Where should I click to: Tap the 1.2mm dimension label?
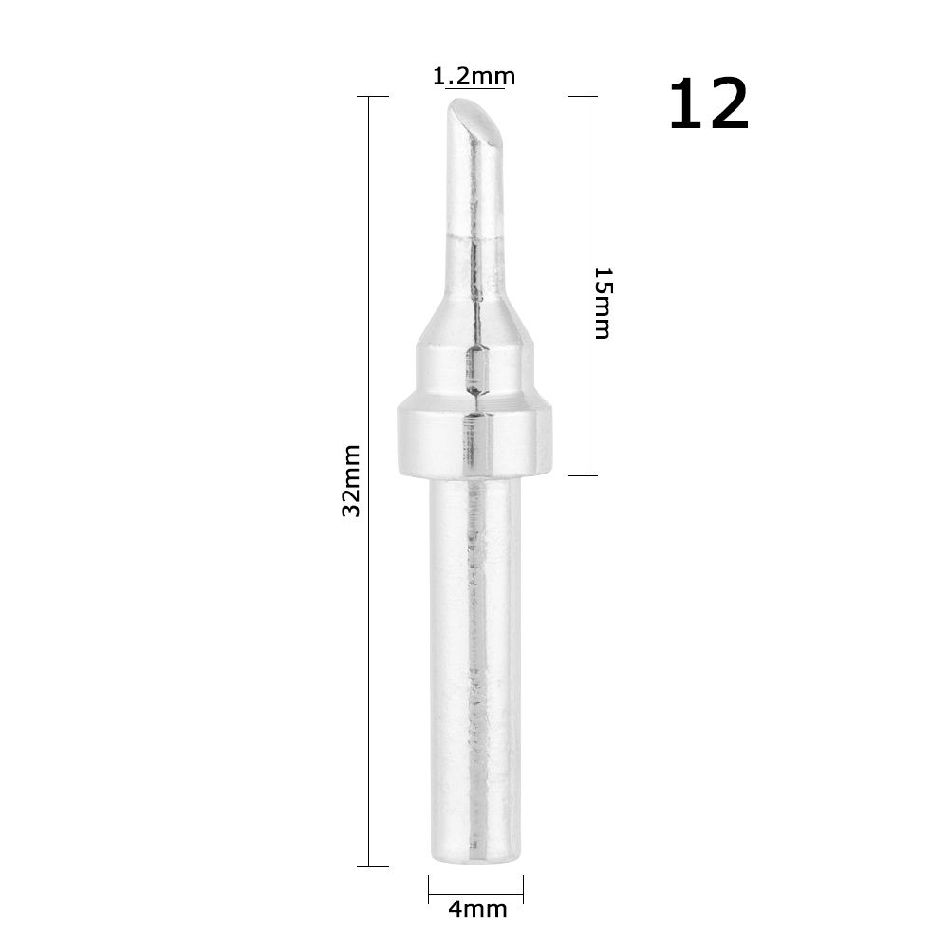474,76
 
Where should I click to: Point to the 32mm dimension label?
352,479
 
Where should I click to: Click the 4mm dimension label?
476,910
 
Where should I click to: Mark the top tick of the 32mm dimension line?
372,97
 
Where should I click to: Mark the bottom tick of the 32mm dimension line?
372,866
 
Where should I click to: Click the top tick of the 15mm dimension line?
584,97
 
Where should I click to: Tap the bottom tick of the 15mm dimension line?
584,475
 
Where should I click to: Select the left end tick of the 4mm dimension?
429,887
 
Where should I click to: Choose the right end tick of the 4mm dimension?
523,887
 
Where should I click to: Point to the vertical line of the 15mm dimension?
584,190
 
